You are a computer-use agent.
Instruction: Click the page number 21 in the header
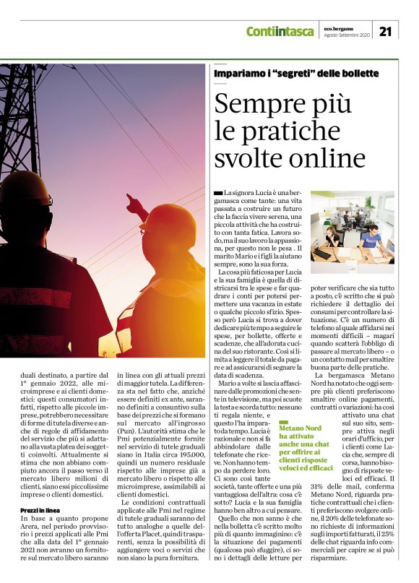(386, 31)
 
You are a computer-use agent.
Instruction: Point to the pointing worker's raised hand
(132, 199)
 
